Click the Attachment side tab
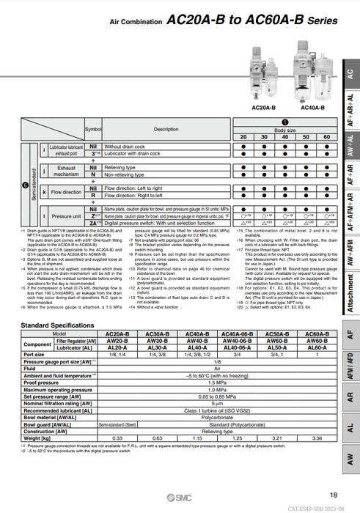[351, 292]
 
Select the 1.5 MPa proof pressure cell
[216, 382]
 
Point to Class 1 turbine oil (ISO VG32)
[216, 411]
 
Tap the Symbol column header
[93, 129]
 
